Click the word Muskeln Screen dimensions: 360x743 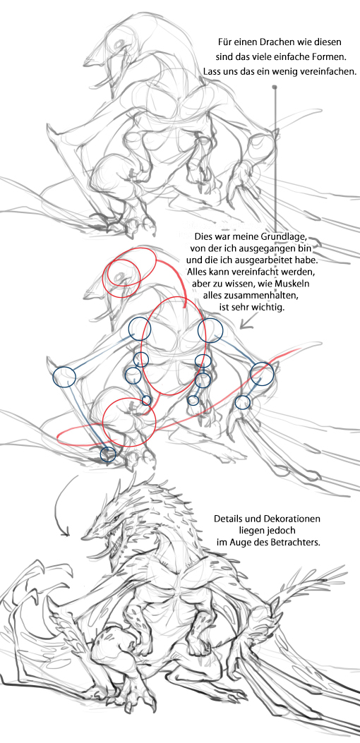click(293, 285)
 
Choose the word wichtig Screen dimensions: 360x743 click(267, 308)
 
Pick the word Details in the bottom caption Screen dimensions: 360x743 click(228, 519)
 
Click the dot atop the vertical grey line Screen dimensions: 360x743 click(274, 87)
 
